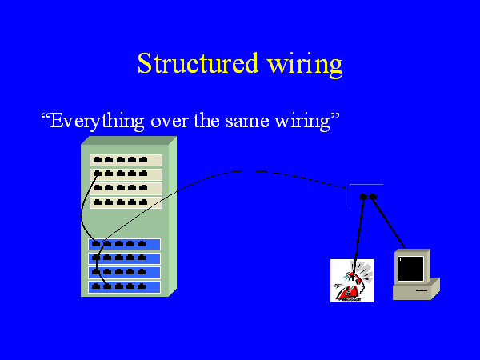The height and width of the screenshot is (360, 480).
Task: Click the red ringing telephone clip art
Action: (353, 281)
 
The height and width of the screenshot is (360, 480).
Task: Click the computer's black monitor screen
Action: (410, 269)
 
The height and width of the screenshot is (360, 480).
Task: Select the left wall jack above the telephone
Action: (363, 196)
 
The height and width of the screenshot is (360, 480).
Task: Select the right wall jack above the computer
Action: (373, 196)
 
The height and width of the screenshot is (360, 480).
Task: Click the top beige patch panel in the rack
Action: (126, 160)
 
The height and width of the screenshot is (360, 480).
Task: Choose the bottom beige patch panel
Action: (126, 203)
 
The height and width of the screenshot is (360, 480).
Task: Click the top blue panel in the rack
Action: (124, 245)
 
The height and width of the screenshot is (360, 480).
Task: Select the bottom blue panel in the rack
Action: (124, 286)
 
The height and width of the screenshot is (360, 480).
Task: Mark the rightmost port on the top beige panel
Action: (143, 160)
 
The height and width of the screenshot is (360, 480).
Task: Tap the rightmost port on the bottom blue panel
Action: (142, 286)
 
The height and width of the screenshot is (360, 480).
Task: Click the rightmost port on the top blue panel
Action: (142, 244)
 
